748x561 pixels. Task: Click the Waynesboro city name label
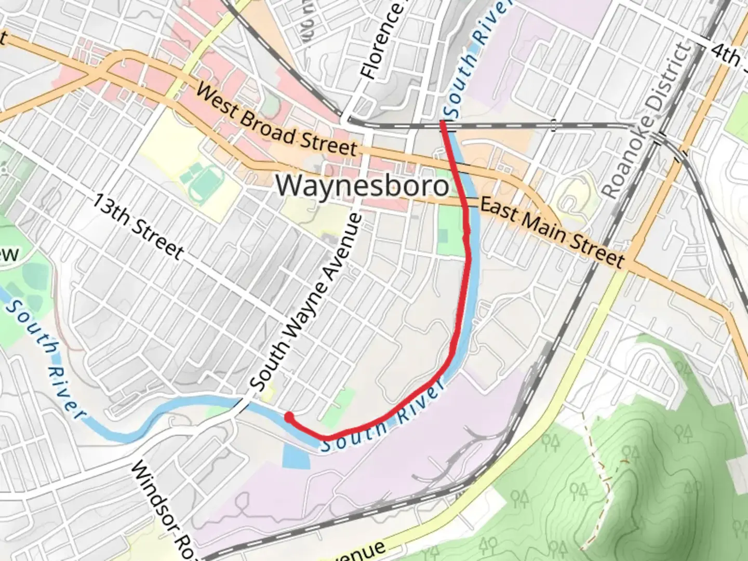[x=362, y=186]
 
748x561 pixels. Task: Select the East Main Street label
[x=552, y=231]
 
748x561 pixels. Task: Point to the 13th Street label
[x=138, y=227]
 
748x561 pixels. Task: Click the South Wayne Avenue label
[x=305, y=302]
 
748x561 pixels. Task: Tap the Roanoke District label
[x=647, y=122]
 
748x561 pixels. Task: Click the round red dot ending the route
[x=288, y=417]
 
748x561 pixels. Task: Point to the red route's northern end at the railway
[x=442, y=123]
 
